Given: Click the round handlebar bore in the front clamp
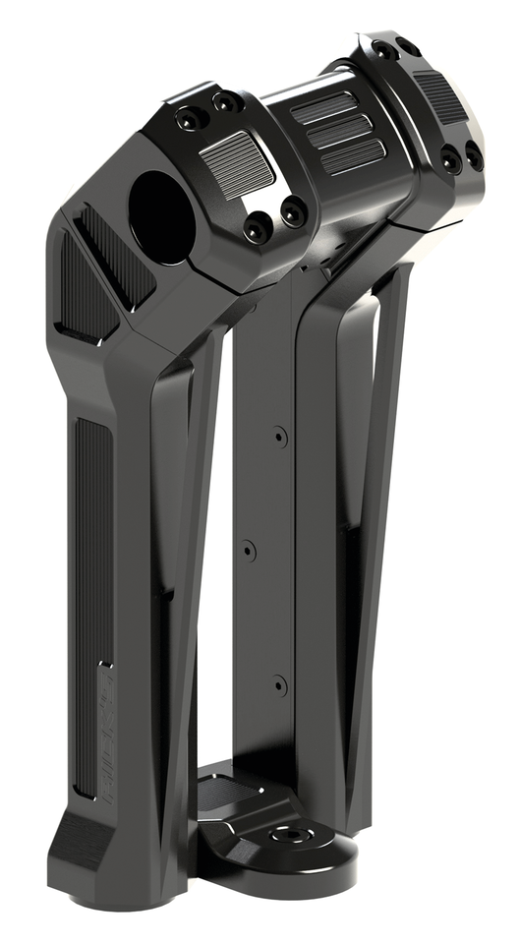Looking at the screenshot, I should [x=162, y=215].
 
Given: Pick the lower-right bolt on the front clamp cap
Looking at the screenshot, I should [x=292, y=209].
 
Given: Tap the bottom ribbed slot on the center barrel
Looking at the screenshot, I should [x=352, y=155].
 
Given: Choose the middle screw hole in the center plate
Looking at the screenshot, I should [x=249, y=550].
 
